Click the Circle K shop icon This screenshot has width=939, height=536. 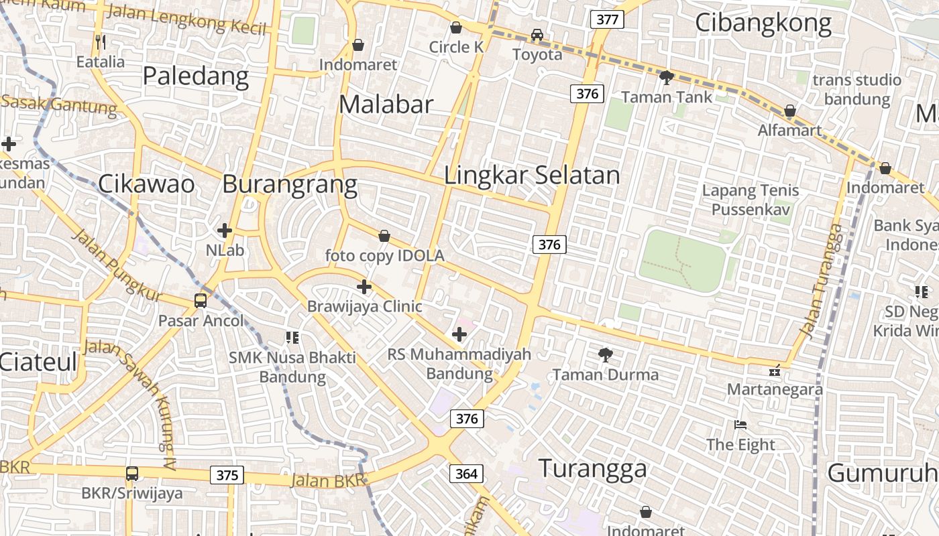pyautogui.click(x=456, y=27)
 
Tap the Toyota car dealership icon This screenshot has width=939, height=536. pyautogui.click(x=537, y=35)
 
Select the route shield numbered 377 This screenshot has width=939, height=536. pyautogui.click(x=607, y=19)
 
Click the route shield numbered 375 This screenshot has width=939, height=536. pyautogui.click(x=227, y=476)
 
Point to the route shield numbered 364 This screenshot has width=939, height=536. pyautogui.click(x=466, y=474)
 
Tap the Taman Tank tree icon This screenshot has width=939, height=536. pyautogui.click(x=666, y=78)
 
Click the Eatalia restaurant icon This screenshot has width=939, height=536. pyautogui.click(x=101, y=42)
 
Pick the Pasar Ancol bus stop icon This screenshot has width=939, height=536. pyautogui.click(x=201, y=300)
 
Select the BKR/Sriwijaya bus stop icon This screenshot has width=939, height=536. pyautogui.click(x=132, y=474)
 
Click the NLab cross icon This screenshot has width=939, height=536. pyautogui.click(x=225, y=230)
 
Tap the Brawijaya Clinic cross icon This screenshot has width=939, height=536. pyautogui.click(x=364, y=287)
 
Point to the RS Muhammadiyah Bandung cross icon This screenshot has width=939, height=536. pyautogui.click(x=459, y=334)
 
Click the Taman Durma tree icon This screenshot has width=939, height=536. pyautogui.click(x=606, y=354)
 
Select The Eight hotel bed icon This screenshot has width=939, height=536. pyautogui.click(x=740, y=425)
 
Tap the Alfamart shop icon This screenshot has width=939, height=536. pyautogui.click(x=790, y=111)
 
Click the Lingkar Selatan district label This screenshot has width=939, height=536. pyautogui.click(x=533, y=176)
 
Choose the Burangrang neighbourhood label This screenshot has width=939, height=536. pyautogui.click(x=290, y=184)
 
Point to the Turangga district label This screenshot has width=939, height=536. pyautogui.click(x=593, y=468)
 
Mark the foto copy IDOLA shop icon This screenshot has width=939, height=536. pyautogui.click(x=384, y=236)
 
